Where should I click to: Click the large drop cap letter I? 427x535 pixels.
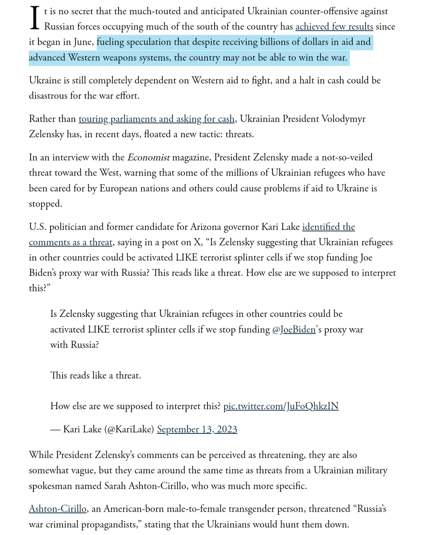pyautogui.click(x=35, y=19)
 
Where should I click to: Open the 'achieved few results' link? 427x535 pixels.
pyautogui.click(x=334, y=27)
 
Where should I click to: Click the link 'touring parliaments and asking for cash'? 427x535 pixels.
pyautogui.click(x=157, y=119)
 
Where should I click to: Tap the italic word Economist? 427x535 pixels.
pyautogui.click(x=148, y=158)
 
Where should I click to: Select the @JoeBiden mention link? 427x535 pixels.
pyautogui.click(x=293, y=330)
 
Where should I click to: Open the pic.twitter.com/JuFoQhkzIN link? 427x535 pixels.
pyautogui.click(x=281, y=406)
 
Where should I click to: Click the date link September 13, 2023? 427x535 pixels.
pyautogui.click(x=197, y=430)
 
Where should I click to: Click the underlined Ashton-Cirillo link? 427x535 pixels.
pyautogui.click(x=58, y=509)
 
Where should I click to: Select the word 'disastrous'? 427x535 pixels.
pyautogui.click(x=50, y=96)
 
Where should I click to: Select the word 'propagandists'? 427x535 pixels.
pyautogui.click(x=106, y=525)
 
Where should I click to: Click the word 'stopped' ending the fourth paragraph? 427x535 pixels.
pyautogui.click(x=45, y=204)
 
